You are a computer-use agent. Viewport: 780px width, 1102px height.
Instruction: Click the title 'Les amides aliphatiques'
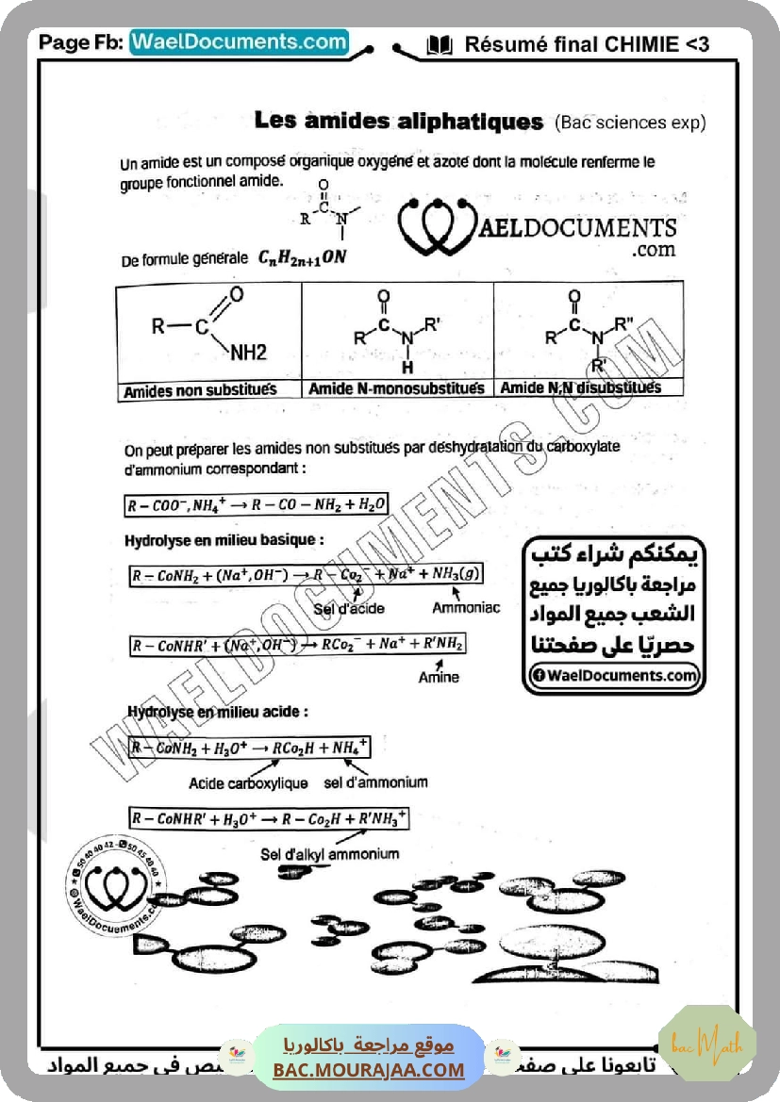pos(398,122)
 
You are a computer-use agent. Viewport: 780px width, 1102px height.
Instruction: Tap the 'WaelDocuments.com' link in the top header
pos(239,42)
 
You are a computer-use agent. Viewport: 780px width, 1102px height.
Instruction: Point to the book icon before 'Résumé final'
pos(440,44)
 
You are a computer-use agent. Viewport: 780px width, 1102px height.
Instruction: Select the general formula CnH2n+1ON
pos(303,257)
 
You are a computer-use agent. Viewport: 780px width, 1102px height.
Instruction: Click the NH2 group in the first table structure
pos(248,353)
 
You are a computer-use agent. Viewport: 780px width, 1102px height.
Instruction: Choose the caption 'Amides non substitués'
pos(200,391)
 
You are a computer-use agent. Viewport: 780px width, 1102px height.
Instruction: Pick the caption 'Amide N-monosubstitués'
pos(396,388)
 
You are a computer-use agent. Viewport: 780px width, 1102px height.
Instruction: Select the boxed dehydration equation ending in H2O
pos(257,504)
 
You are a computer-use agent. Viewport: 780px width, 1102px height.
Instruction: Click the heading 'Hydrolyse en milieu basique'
pos(224,540)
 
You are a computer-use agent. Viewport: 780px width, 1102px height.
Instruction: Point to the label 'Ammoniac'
pos(466,608)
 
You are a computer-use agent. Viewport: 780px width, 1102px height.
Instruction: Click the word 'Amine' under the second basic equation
pos(439,677)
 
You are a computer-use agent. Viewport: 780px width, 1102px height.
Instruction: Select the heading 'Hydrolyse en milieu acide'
pos(218,713)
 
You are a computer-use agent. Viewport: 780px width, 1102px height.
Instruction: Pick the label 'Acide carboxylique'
pos(248,782)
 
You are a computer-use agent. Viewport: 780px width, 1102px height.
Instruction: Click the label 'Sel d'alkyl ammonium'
pos(329,854)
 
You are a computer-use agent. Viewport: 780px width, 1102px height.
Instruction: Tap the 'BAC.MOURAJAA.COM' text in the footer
pos(369,1070)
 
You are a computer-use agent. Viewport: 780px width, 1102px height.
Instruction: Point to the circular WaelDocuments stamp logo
pos(112,883)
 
